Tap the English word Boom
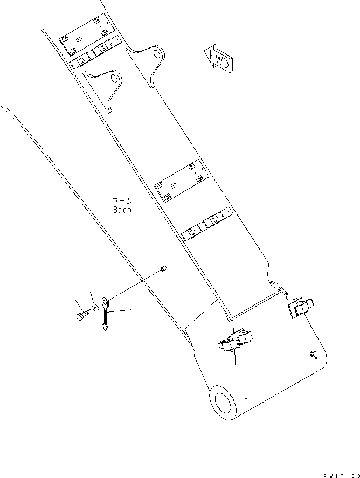tap(122, 210)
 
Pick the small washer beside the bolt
tap(95, 307)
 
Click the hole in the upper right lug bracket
tap(157, 54)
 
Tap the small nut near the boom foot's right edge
tap(312, 354)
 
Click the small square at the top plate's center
tap(79, 39)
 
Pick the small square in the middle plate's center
tap(174, 184)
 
